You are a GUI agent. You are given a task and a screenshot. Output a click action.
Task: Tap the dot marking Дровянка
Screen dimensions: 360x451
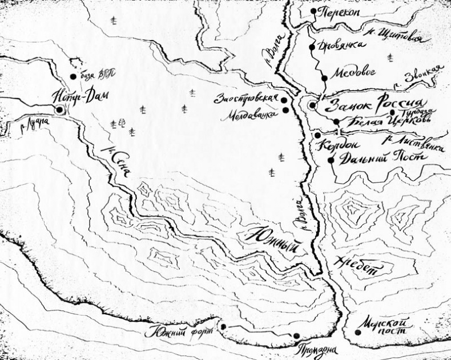pyautogui.click(x=312, y=47)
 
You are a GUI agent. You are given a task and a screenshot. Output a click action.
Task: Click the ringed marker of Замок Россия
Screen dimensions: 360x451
pyautogui.click(x=312, y=106)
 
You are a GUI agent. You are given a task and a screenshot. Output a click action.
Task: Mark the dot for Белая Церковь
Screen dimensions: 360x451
pyautogui.click(x=337, y=122)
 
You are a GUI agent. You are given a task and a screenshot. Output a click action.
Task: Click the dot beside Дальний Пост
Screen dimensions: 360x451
pyautogui.click(x=331, y=160)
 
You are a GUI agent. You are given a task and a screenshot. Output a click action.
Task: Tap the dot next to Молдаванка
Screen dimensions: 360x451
pyautogui.click(x=285, y=110)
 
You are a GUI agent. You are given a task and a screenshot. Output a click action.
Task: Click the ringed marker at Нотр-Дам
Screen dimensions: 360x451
pyautogui.click(x=59, y=110)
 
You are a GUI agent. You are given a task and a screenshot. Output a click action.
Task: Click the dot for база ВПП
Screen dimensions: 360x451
pyautogui.click(x=73, y=76)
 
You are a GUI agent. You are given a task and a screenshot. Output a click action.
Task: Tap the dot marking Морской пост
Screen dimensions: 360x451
pyautogui.click(x=357, y=333)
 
